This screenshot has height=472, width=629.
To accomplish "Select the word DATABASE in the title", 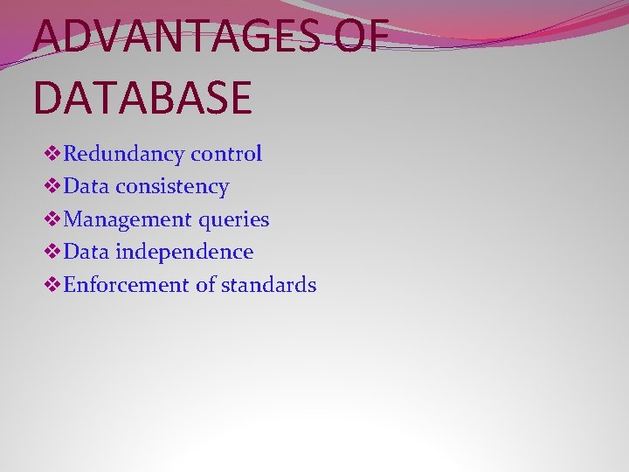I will tap(142, 96).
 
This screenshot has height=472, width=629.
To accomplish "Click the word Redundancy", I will tap(124, 155).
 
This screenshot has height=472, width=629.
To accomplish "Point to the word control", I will tap(226, 154).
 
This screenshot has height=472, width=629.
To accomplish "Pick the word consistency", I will tap(171, 186).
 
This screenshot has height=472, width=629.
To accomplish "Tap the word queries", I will tap(235, 220).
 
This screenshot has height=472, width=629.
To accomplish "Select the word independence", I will tap(183, 252).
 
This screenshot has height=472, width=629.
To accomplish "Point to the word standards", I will tap(268, 285).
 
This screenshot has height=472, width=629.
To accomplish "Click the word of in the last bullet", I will tap(205, 285).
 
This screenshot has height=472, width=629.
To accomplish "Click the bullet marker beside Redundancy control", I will tap(52, 155).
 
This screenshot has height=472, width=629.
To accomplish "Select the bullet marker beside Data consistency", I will tap(52, 187).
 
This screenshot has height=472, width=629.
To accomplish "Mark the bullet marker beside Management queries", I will tap(52, 220).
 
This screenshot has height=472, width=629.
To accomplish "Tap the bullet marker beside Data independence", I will tap(52, 253).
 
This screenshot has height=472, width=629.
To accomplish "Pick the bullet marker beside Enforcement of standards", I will tap(52, 286).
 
